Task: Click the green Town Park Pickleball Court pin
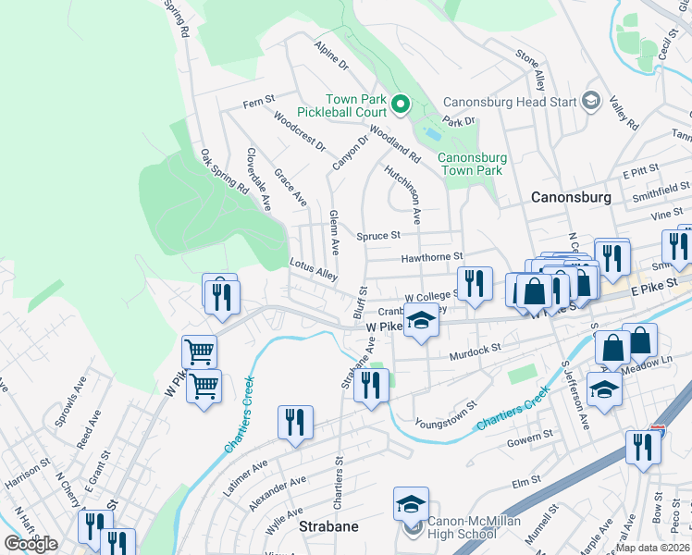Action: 401,105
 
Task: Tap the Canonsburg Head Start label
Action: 510,102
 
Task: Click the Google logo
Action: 31,544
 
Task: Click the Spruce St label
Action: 379,236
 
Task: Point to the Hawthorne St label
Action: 431,257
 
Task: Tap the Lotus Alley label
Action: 313,268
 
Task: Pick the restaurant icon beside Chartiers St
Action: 295,423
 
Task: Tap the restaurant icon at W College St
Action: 475,285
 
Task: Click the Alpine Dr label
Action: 330,55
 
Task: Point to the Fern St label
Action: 259,100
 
